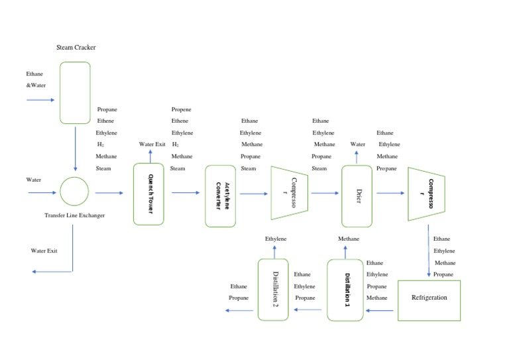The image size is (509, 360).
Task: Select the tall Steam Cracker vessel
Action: click(75, 93)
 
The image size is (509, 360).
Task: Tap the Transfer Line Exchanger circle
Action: click(74, 192)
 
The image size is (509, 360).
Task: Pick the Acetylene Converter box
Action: click(220, 196)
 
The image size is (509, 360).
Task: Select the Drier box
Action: click(358, 196)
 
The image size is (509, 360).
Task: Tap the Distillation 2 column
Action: click(273, 290)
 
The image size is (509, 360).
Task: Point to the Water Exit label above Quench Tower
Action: click(152, 145)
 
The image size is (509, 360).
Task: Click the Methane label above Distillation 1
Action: click(349, 239)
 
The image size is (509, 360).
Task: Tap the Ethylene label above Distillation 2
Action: click(276, 239)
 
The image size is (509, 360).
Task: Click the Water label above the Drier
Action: click(358, 145)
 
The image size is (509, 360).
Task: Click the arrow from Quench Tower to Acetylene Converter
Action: click(186, 193)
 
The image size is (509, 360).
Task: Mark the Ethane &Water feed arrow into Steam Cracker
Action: click(40, 100)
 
